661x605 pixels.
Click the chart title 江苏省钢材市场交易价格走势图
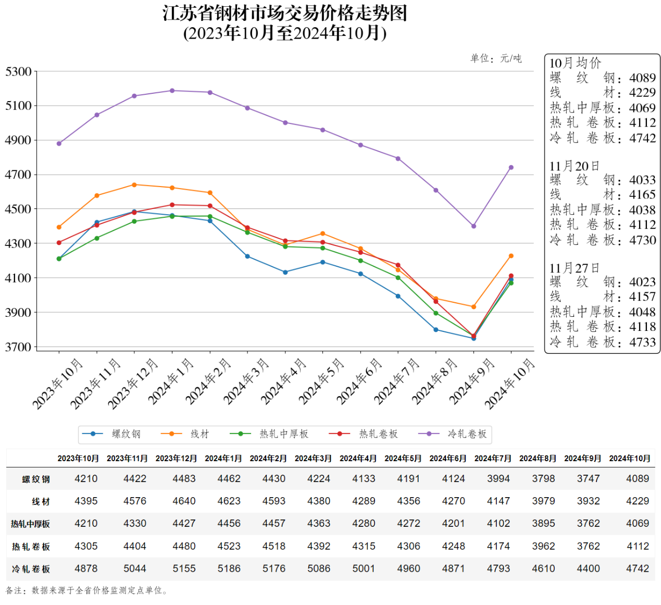[x=284, y=13]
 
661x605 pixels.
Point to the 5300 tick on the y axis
[x=19, y=71]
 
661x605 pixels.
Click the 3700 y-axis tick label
[x=19, y=347]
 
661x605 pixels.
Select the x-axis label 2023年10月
[x=58, y=384]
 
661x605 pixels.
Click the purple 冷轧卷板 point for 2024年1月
[x=172, y=91]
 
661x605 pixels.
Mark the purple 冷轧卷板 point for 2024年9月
[x=473, y=226]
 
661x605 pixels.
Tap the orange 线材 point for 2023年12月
[x=134, y=185]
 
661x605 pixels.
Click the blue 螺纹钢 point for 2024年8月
[x=436, y=330]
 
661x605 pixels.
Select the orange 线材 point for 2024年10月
[x=511, y=256]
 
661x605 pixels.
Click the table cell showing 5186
[x=229, y=569]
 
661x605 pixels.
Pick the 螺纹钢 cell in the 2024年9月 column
[x=588, y=478]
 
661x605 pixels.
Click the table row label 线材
[x=41, y=501]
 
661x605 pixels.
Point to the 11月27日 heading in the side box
[x=575, y=268]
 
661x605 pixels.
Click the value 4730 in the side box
[x=642, y=240]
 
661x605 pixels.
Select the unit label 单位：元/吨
[x=495, y=58]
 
